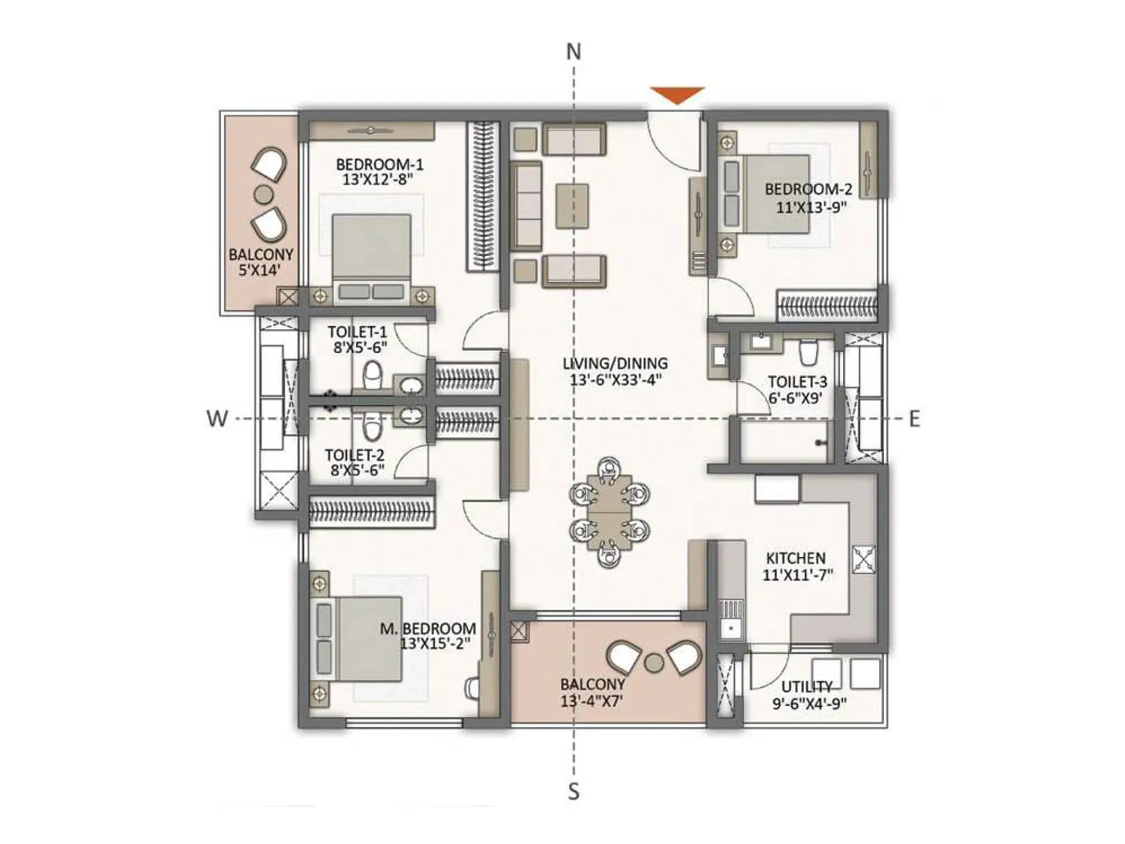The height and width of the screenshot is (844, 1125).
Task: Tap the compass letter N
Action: (x=574, y=52)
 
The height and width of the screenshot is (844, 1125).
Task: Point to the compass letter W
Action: (x=217, y=418)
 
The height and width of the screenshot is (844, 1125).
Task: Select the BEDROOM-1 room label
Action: (x=379, y=165)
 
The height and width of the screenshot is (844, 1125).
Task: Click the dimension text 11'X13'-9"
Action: (x=811, y=207)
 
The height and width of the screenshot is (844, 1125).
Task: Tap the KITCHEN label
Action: (x=795, y=558)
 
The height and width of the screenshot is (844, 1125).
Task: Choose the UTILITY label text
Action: (x=807, y=686)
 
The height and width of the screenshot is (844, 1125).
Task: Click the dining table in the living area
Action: (x=610, y=512)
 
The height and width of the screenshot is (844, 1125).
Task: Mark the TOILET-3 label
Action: (x=797, y=382)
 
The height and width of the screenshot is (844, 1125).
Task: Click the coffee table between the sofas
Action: (x=572, y=205)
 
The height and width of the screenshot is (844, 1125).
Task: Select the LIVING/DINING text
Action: (x=615, y=364)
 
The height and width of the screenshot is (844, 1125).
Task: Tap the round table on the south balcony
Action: (x=655, y=662)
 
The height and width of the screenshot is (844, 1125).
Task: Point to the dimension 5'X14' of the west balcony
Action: (x=259, y=269)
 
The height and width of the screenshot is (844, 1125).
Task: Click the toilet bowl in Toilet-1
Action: (x=373, y=374)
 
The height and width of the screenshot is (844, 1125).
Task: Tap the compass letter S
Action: (x=574, y=791)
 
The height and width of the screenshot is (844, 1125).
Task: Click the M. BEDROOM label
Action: (x=427, y=628)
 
